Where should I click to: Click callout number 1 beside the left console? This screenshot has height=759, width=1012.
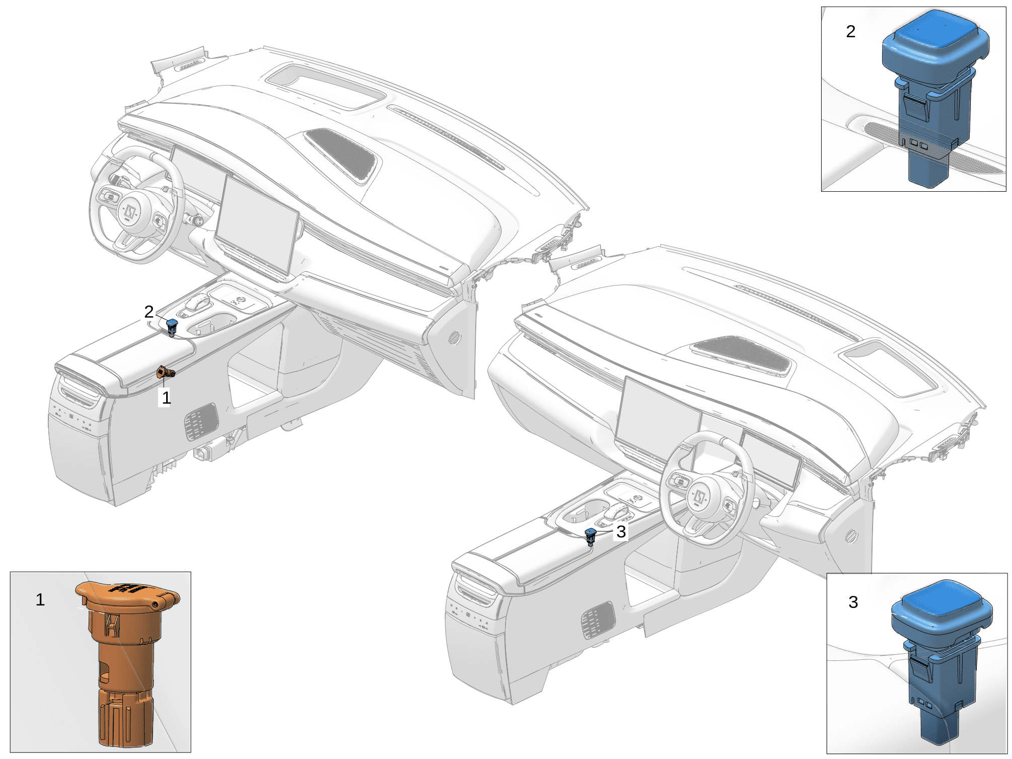166,398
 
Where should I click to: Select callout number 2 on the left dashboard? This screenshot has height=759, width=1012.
149,312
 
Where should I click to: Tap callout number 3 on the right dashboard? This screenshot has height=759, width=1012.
621,532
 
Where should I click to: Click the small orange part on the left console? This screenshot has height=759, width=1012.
166,372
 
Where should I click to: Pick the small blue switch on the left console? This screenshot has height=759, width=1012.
172,327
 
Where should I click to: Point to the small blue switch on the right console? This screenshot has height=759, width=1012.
591,537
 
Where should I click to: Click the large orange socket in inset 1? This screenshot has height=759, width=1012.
126,662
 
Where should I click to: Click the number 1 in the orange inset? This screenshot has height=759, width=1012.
40,600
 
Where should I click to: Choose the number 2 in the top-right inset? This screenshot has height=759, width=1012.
851,32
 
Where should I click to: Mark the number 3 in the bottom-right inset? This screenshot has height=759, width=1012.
853,602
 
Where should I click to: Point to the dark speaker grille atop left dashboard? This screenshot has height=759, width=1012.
341,154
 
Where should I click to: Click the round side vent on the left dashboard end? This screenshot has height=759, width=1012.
455,338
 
